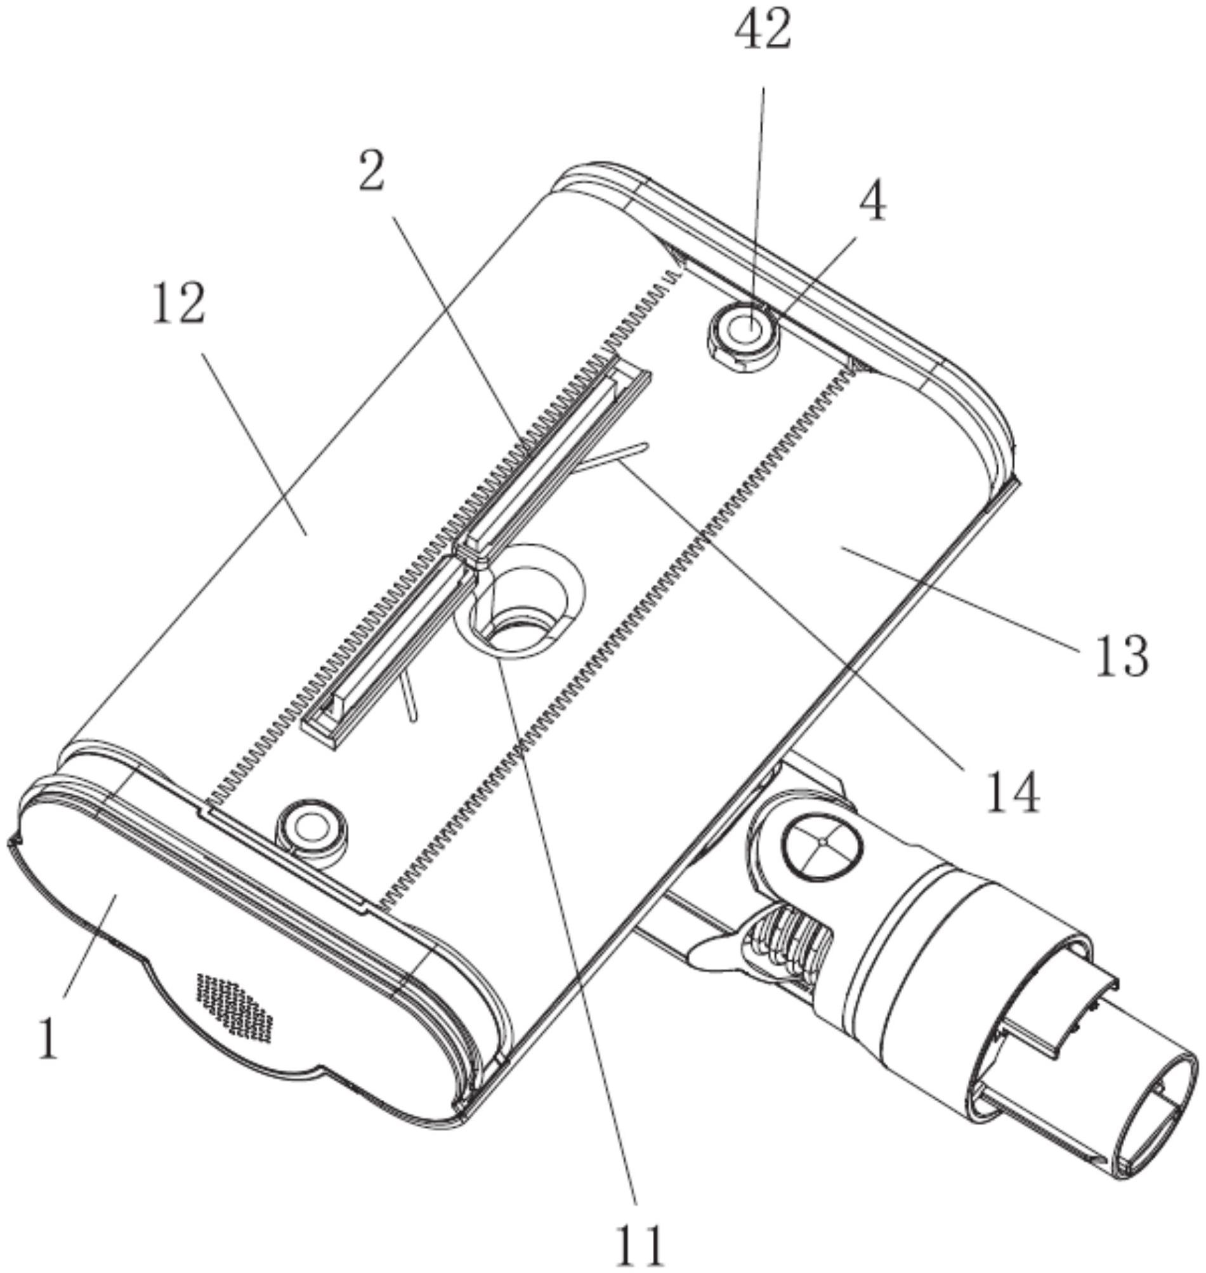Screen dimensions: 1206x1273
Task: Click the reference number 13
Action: click(1121, 656)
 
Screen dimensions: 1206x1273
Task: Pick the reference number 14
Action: click(1012, 792)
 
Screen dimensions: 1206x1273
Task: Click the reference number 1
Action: click(48, 1040)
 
